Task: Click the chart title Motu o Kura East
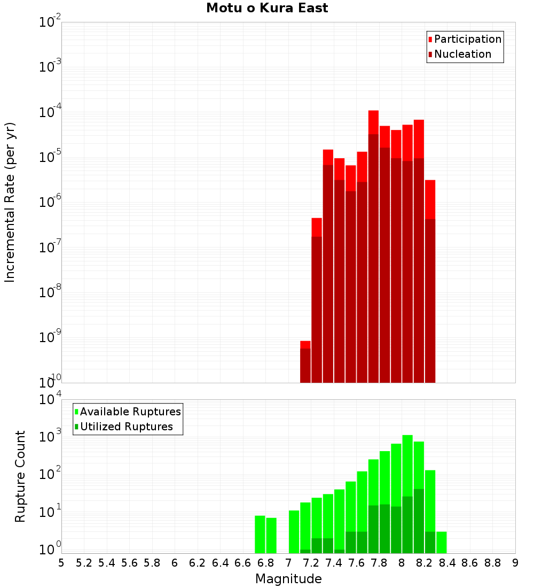click(x=267, y=9)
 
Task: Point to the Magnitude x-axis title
click(x=288, y=579)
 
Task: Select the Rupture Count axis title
click(x=20, y=476)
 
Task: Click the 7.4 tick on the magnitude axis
click(x=334, y=563)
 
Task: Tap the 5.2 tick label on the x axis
click(x=84, y=563)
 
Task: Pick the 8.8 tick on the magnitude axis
click(x=492, y=563)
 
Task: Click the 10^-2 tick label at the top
click(x=49, y=22)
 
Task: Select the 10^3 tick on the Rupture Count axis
click(x=49, y=437)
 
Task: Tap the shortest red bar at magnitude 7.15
click(x=305, y=345)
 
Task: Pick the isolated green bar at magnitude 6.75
click(x=260, y=534)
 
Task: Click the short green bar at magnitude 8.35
click(x=442, y=542)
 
